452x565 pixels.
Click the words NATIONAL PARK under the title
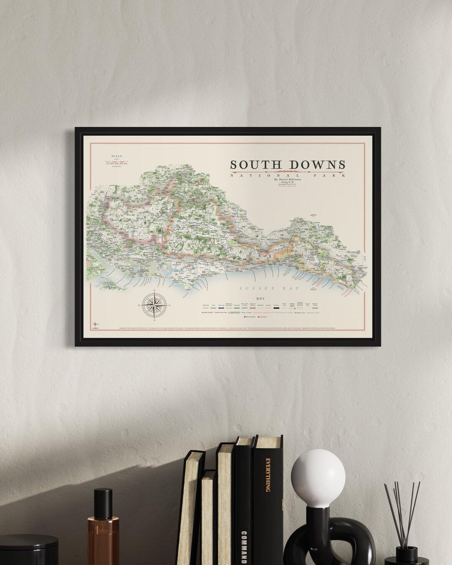pyautogui.click(x=289, y=175)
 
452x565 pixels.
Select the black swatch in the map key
pyautogui.click(x=276, y=308)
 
